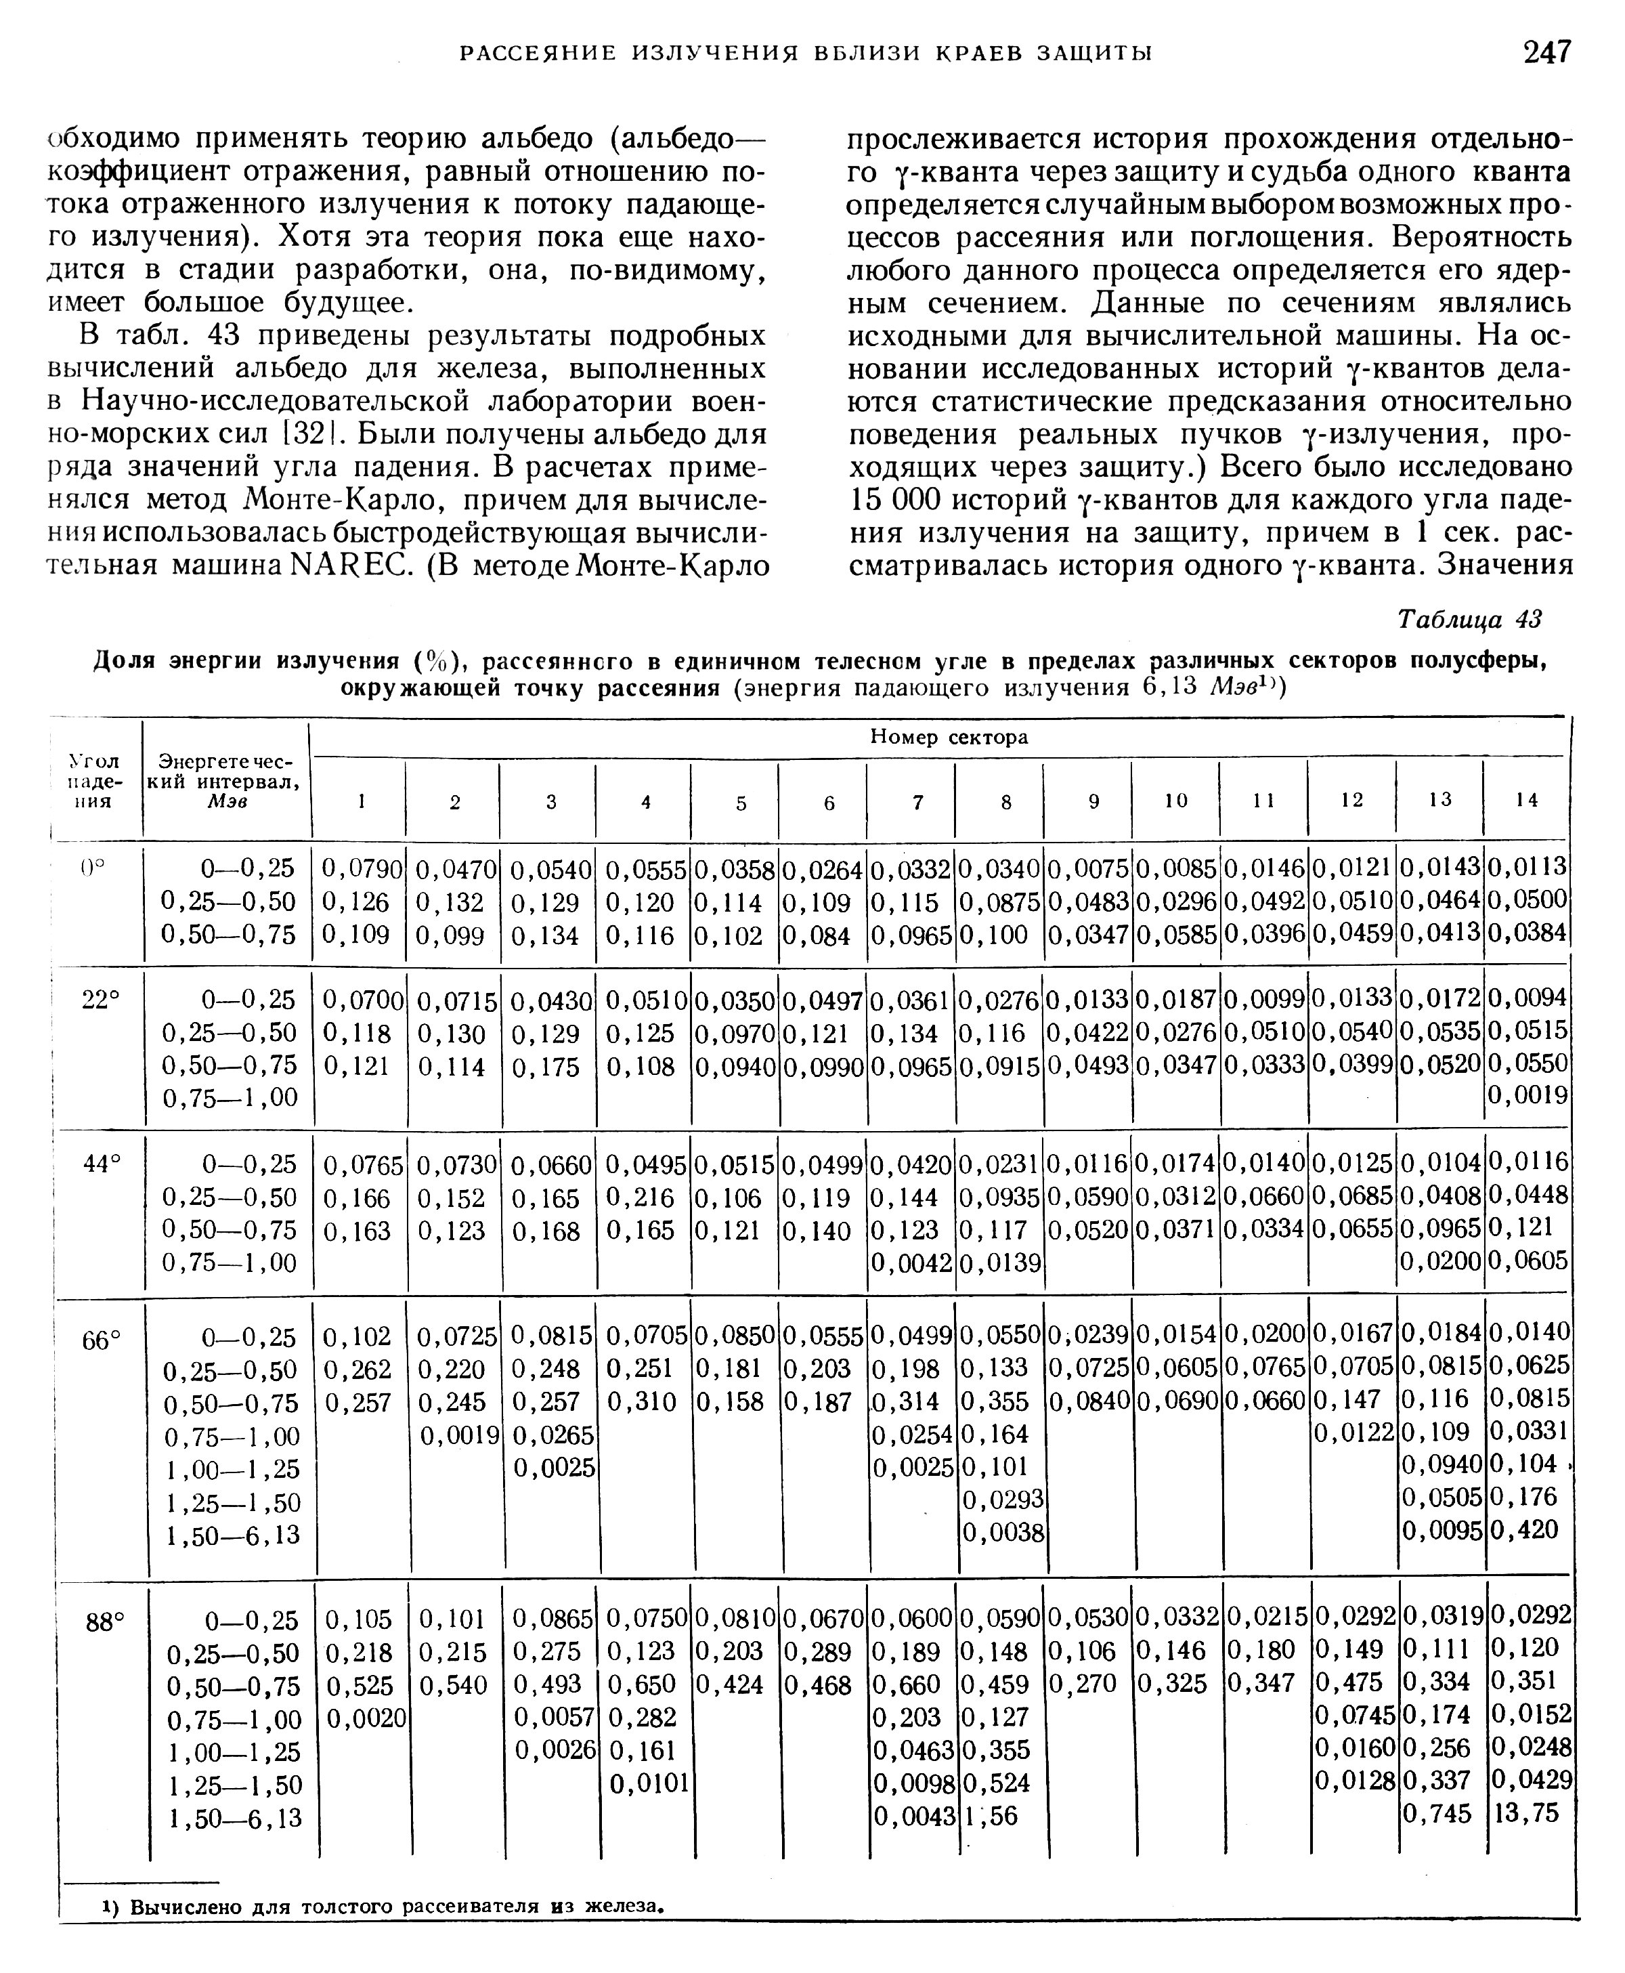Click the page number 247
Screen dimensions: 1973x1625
1546,51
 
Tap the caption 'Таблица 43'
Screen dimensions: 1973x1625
1468,619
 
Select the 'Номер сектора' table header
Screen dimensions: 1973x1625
948,737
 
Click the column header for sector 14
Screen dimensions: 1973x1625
1527,800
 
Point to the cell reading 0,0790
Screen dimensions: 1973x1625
362,869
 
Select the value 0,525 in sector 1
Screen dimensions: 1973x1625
358,1686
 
